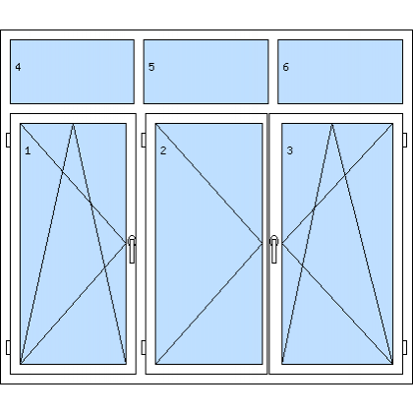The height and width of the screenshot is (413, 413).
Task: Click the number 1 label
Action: point(28,150)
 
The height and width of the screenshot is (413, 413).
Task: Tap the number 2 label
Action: point(163,150)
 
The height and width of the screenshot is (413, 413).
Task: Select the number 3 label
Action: point(289,150)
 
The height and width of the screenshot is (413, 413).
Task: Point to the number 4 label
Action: point(18,67)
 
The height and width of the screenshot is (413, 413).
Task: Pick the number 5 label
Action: point(151,67)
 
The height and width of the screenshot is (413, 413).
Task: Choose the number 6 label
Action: point(286,67)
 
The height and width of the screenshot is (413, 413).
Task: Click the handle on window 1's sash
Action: point(132,249)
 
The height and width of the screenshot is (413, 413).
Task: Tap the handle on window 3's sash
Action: point(274,249)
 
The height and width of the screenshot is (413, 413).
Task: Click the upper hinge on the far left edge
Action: point(8,140)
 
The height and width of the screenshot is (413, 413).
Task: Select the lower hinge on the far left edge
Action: point(8,347)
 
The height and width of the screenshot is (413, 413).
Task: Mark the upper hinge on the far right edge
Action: point(405,140)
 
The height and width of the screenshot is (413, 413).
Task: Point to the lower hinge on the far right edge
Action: point(405,347)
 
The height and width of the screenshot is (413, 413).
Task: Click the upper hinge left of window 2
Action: point(144,140)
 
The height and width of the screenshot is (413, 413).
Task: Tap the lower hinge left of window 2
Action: point(144,347)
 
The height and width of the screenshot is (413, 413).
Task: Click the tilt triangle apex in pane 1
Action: point(73,124)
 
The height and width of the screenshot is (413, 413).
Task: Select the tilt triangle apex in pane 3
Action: point(331,124)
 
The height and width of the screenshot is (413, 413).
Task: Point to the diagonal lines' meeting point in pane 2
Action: point(263,243)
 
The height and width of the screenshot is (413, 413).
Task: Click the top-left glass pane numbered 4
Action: point(72,72)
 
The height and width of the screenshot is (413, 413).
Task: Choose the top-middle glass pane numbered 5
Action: point(206,72)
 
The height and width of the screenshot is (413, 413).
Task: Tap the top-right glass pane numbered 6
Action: point(340,72)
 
